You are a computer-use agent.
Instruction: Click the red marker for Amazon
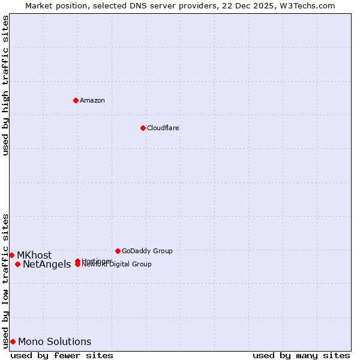click(x=76, y=100)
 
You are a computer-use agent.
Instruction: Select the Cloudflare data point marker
click(x=143, y=128)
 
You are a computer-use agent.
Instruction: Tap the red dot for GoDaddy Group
click(x=118, y=251)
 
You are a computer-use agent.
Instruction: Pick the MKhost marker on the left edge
click(x=11, y=255)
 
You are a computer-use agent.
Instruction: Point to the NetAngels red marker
click(x=17, y=264)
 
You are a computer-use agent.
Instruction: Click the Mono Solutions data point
click(x=13, y=341)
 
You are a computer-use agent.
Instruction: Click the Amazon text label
click(x=92, y=100)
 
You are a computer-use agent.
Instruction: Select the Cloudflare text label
click(x=163, y=128)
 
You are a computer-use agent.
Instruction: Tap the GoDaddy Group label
click(x=147, y=251)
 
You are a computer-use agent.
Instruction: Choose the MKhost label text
click(x=34, y=255)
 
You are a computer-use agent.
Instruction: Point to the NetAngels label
click(x=47, y=264)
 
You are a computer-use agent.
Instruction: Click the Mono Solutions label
click(x=55, y=341)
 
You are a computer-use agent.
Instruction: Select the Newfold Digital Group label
click(x=118, y=265)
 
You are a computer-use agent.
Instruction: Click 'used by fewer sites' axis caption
click(x=62, y=355)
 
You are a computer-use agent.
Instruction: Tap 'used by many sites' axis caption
click(x=301, y=355)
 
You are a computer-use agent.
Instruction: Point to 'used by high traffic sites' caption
click(x=5, y=85)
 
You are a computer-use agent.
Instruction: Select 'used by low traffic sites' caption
click(x=5, y=280)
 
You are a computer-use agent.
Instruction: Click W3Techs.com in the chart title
click(x=308, y=5)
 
